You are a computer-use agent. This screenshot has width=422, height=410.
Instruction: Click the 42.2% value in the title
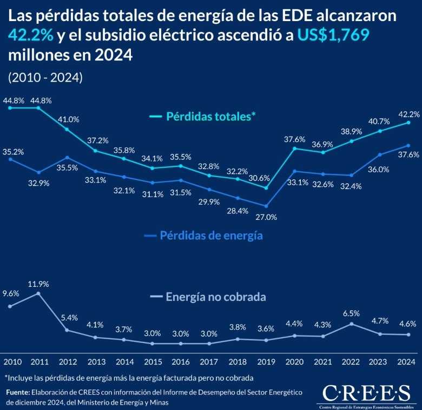(30, 36)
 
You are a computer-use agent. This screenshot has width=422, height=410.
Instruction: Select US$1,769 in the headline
(335, 36)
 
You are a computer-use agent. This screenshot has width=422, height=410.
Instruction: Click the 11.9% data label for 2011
(39, 284)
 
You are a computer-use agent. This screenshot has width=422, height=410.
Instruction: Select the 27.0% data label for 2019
(266, 217)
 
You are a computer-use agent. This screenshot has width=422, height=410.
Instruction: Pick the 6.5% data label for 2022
(352, 313)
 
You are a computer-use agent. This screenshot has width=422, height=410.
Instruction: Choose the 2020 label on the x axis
(294, 361)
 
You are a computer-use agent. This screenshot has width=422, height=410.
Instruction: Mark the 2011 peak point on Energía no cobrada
(38, 293)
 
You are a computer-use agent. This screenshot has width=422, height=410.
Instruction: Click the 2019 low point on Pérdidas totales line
(266, 187)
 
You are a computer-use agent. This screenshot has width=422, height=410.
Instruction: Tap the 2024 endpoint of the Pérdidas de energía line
(407, 145)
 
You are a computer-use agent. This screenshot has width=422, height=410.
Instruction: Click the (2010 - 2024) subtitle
(45, 77)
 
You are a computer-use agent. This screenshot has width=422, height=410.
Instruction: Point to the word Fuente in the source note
(18, 392)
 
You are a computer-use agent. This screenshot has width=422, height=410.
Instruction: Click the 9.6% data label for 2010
(11, 294)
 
